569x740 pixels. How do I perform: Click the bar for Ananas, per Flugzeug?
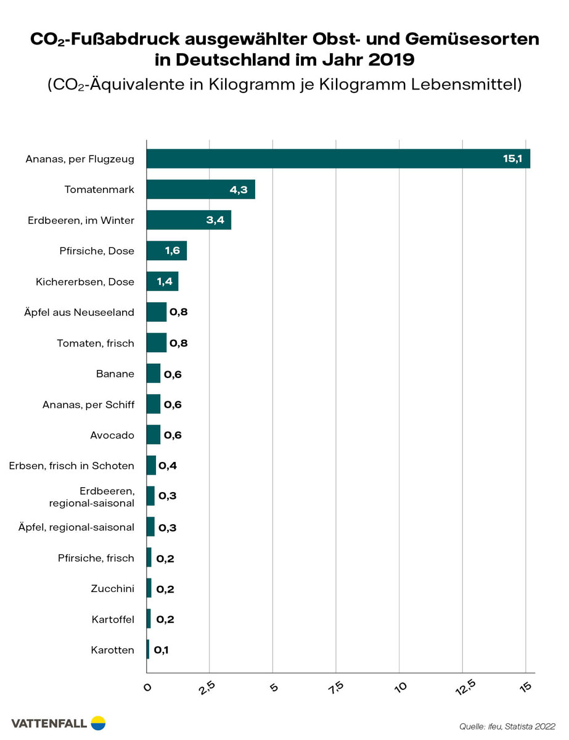pos(338,158)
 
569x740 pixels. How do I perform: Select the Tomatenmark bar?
pos(200,189)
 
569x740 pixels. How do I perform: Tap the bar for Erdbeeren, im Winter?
pos(188,220)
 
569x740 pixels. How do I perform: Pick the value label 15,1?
pos(512,159)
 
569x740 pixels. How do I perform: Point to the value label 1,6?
pos(172,251)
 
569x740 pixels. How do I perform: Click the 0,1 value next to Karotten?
pos(160,649)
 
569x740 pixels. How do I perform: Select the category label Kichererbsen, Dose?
pos(85,282)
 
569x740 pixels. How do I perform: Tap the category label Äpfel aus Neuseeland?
pos(76,312)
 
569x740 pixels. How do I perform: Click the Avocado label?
pos(112,435)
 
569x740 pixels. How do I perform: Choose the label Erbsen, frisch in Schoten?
pos(72,466)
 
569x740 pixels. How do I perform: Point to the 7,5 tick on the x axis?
pos(337,686)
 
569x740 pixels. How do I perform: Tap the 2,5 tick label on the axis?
pos(210,686)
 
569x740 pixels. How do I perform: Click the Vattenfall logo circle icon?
pos(98,723)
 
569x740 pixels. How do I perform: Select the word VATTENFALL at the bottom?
pos(49,723)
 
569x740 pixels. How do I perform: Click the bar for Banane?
pos(153,374)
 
